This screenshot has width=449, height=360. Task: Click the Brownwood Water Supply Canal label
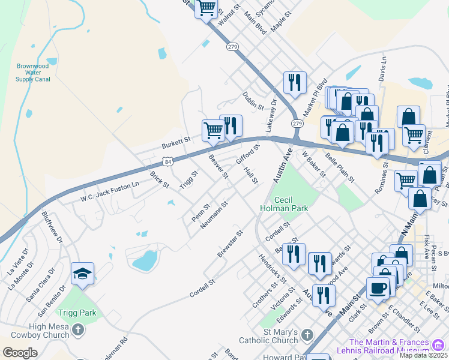click(33, 72)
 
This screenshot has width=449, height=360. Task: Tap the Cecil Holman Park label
click(284, 204)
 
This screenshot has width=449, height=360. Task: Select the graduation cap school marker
click(82, 274)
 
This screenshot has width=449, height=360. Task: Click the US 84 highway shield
click(168, 162)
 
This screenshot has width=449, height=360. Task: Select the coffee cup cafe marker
click(378, 288)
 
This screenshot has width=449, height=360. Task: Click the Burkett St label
click(175, 142)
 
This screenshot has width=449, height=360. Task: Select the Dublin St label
click(253, 100)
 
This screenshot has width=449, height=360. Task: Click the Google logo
click(20, 353)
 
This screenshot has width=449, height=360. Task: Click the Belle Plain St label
click(340, 167)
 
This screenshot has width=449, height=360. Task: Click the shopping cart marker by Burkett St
click(213, 130)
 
